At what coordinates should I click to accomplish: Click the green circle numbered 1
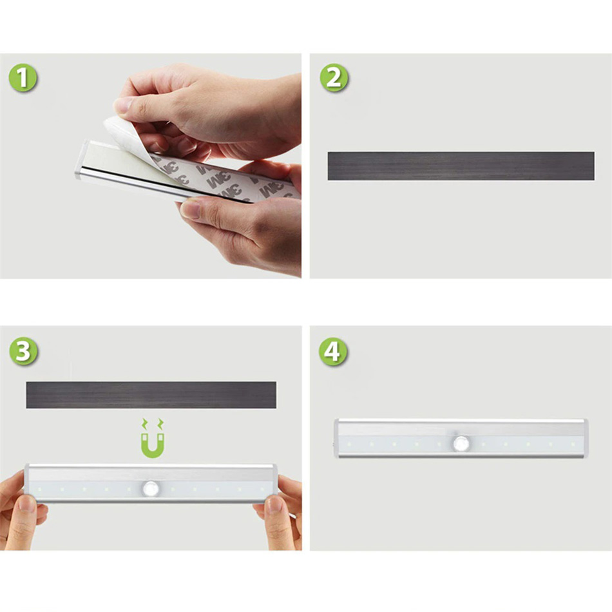23,78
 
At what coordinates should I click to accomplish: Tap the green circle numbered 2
334,78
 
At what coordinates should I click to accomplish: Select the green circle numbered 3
23,351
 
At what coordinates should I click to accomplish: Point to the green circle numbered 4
332,351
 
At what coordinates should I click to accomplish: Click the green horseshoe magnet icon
152,439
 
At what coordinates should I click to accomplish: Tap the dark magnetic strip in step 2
461,166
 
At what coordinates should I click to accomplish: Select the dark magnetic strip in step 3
151,395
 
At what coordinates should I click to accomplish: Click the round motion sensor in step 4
461,444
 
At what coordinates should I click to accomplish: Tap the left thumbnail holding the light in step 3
27,504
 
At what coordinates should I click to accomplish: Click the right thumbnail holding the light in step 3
275,504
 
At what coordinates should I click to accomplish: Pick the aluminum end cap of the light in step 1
81,160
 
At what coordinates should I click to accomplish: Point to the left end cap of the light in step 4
336,438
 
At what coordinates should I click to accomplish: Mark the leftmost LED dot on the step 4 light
349,444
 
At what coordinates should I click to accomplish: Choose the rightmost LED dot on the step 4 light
573,444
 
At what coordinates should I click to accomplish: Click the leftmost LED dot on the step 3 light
39,489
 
